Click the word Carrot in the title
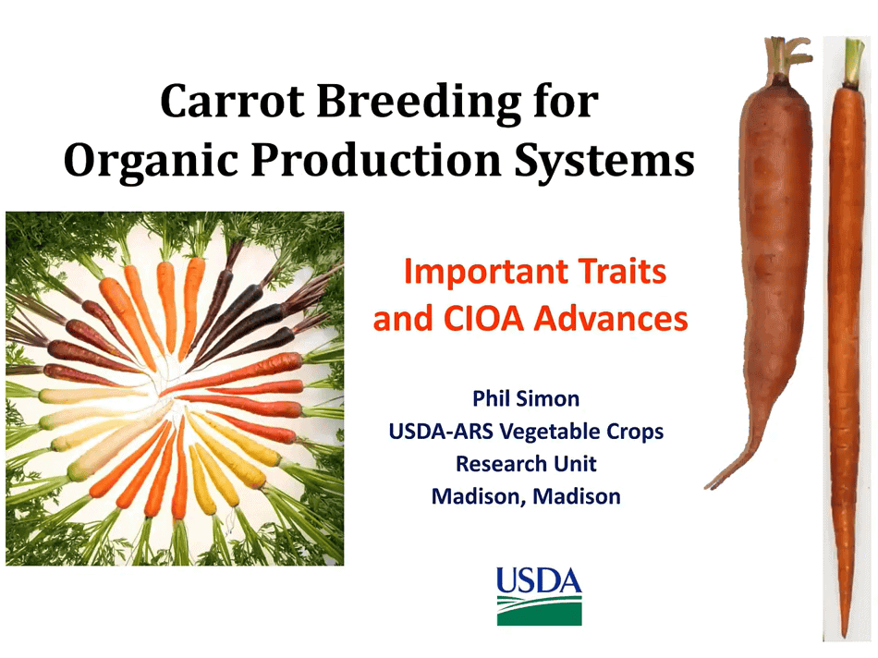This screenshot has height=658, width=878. coord(232,101)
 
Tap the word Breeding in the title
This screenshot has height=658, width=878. coord(419,103)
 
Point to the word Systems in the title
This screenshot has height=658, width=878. coord(604,162)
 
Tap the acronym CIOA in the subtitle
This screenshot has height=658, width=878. coord(483,319)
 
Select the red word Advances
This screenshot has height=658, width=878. coord(611,319)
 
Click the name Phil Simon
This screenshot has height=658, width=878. coord(526,398)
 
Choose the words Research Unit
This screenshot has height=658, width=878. coord(526,464)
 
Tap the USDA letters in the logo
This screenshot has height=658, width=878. coord(539,580)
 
